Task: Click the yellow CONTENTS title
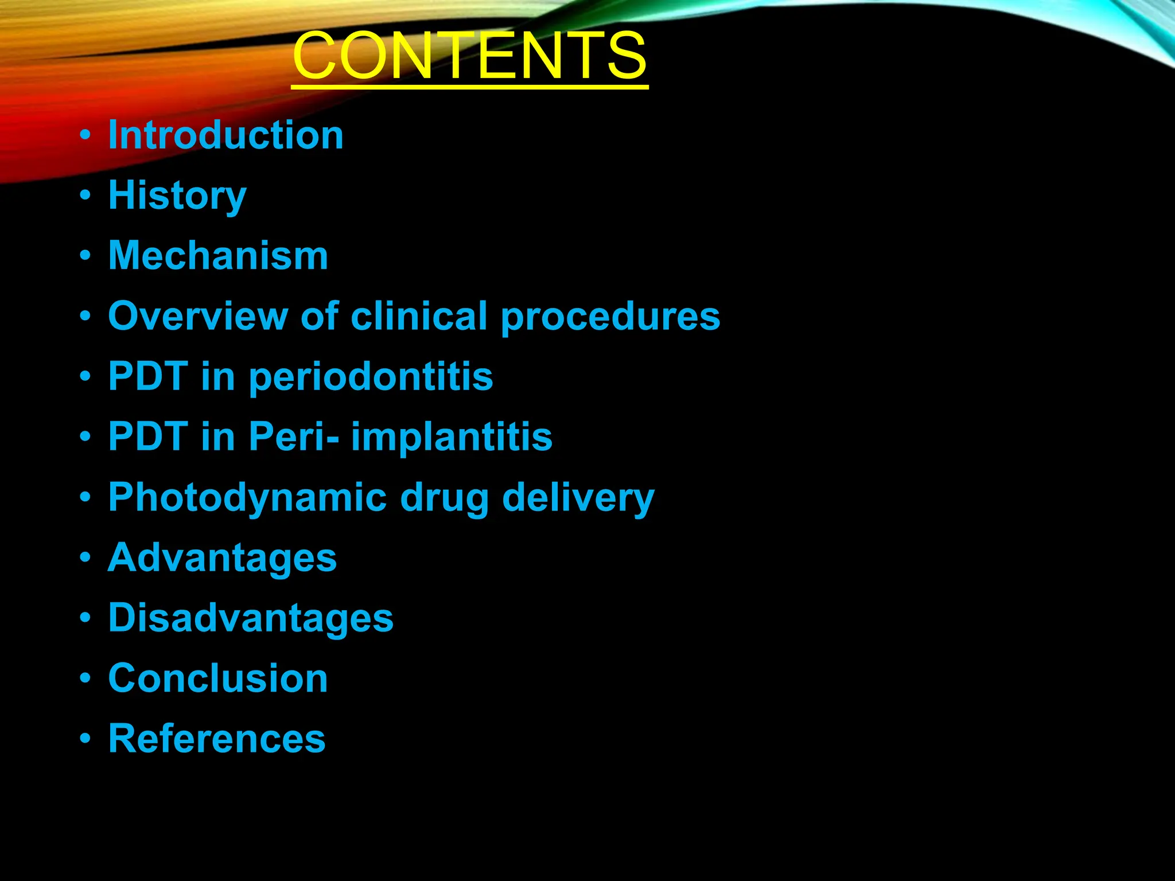469,56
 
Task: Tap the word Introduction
225,135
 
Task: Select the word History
177,196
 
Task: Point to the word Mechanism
218,256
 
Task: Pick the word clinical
419,316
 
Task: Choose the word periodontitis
371,377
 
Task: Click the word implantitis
452,437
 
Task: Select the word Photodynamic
247,498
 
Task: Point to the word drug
444,498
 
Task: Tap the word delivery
578,498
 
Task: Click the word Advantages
222,558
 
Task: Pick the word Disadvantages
251,618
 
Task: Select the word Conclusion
218,679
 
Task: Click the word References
217,739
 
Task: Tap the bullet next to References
85,739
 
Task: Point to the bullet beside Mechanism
85,256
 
